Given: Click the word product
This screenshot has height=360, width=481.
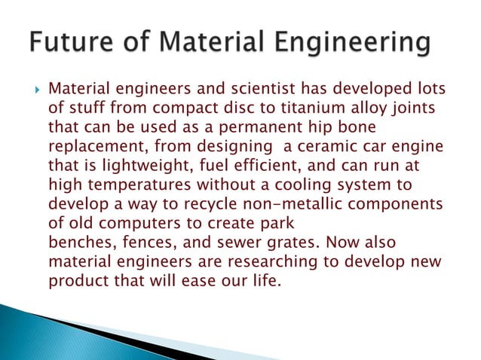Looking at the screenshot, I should coord(74,255).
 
